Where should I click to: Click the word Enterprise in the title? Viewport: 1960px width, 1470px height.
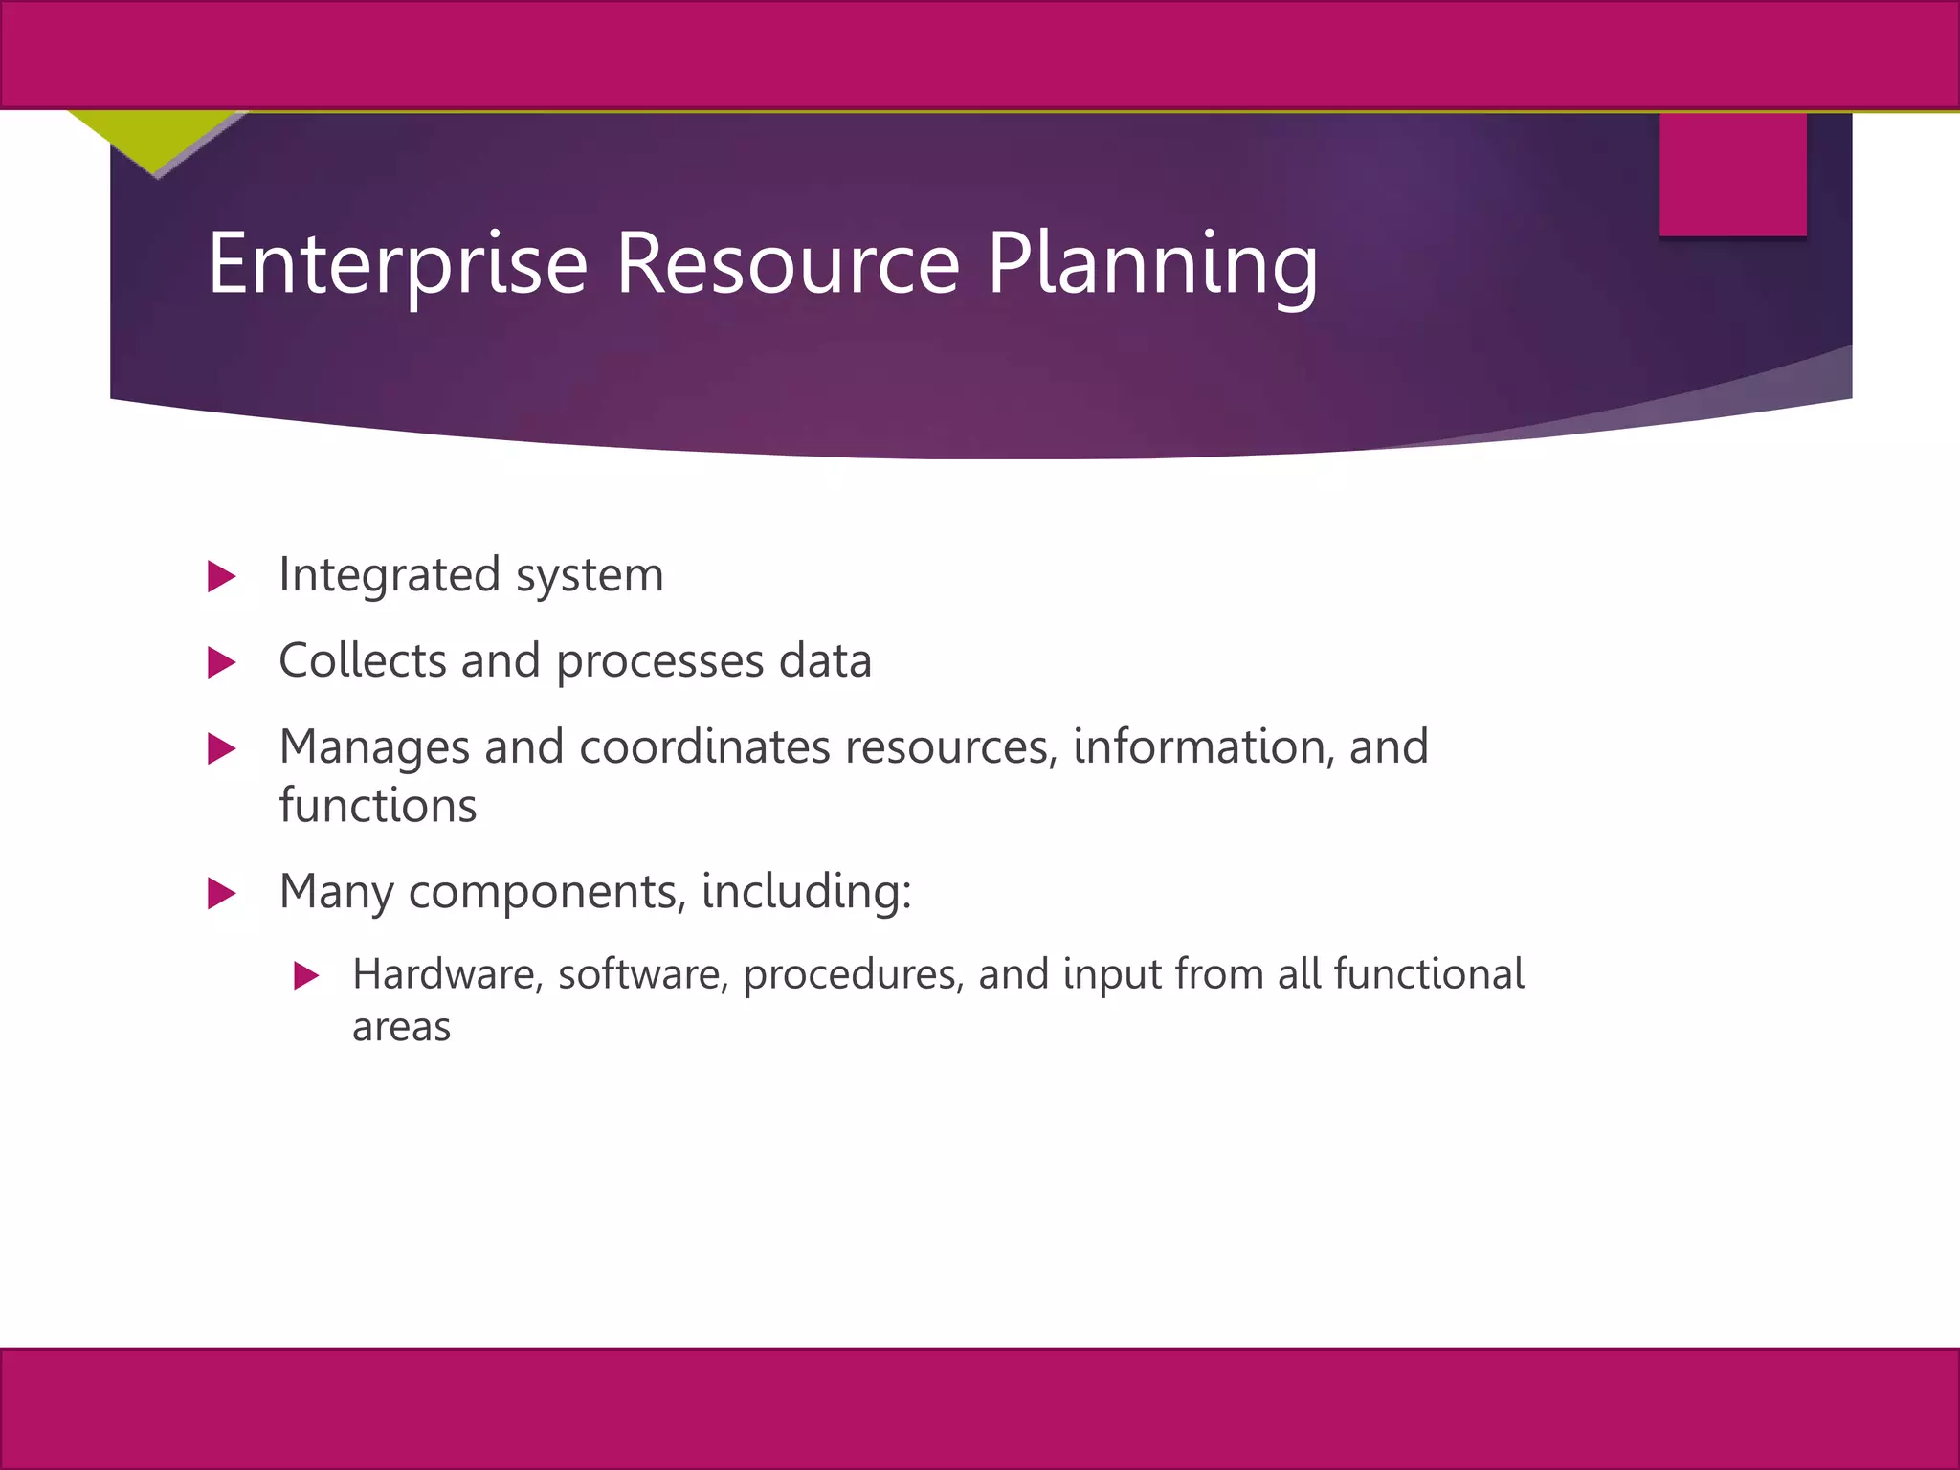(x=397, y=264)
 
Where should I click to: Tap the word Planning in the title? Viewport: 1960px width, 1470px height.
(x=1152, y=264)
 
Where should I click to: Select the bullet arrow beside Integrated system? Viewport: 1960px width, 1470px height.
(x=221, y=576)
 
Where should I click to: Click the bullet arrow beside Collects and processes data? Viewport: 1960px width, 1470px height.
(x=221, y=662)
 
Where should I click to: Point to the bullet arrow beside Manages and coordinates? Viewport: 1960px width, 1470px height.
(x=221, y=748)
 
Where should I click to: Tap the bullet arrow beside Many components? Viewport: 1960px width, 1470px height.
(x=221, y=893)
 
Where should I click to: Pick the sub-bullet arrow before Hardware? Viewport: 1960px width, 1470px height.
(x=305, y=975)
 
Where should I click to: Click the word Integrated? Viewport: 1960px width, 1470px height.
(x=390, y=576)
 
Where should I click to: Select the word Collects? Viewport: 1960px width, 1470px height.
(x=363, y=660)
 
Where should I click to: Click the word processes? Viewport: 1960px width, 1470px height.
(x=659, y=662)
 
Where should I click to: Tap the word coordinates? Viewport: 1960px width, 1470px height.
(x=704, y=746)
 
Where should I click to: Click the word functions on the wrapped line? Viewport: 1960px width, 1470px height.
(x=377, y=805)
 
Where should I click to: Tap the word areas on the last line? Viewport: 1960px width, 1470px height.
(x=401, y=1028)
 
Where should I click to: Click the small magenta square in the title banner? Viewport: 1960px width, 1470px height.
(x=1732, y=174)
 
